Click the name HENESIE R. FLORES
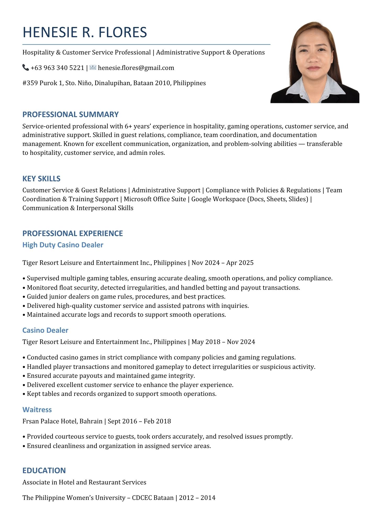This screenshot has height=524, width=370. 85,32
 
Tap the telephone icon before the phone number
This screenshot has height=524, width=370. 25,68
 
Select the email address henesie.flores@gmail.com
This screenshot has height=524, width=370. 136,68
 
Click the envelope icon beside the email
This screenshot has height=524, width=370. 93,68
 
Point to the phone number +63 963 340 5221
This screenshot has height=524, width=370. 57,68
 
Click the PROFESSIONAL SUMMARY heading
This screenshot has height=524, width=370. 70,114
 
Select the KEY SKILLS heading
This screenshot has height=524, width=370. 41,179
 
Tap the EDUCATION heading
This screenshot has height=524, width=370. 44,470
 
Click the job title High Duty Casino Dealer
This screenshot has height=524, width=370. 63,245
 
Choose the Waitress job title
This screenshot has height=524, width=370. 37,410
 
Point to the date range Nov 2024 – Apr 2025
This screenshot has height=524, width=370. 222,263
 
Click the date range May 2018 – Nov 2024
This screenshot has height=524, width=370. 223,342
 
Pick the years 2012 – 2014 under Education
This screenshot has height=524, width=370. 197,498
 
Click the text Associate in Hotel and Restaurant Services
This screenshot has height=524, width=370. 84,482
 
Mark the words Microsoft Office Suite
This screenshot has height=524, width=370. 155,199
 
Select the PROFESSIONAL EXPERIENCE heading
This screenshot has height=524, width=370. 72,233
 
